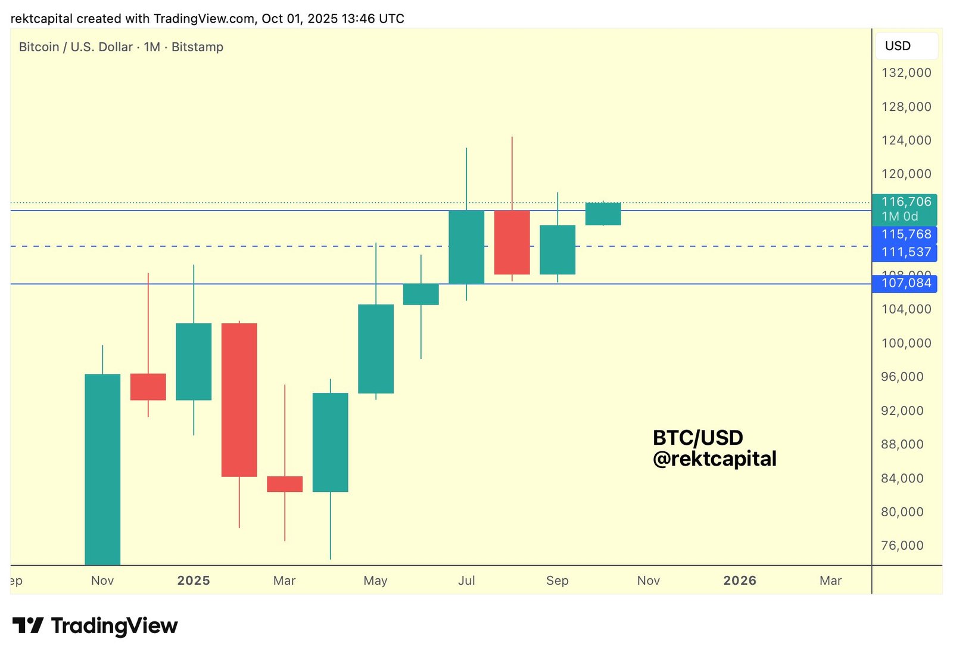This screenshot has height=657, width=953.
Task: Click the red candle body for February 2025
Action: (239, 399)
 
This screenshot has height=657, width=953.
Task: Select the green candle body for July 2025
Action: (466, 247)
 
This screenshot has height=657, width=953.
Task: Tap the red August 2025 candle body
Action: (512, 242)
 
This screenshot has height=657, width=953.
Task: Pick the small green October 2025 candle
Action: (603, 214)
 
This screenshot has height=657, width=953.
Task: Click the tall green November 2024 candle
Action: (102, 469)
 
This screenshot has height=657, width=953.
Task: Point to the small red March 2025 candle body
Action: (285, 484)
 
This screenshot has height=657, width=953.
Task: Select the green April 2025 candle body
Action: (330, 442)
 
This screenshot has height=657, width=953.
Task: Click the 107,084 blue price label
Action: (905, 283)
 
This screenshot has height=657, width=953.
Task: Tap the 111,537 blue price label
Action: (905, 252)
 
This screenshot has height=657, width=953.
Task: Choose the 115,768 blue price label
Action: (905, 234)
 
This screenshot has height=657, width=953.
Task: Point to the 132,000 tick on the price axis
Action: (906, 73)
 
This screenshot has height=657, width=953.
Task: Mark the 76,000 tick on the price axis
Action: (902, 546)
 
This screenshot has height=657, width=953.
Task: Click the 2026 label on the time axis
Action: (739, 581)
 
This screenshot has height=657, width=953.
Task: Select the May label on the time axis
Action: (375, 581)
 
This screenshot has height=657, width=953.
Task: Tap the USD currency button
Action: (905, 46)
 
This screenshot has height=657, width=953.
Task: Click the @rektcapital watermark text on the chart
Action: (714, 459)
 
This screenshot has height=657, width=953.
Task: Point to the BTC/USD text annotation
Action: (697, 438)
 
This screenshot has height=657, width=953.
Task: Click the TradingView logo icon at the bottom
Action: (28, 625)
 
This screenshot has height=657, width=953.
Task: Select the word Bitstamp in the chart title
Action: (197, 47)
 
